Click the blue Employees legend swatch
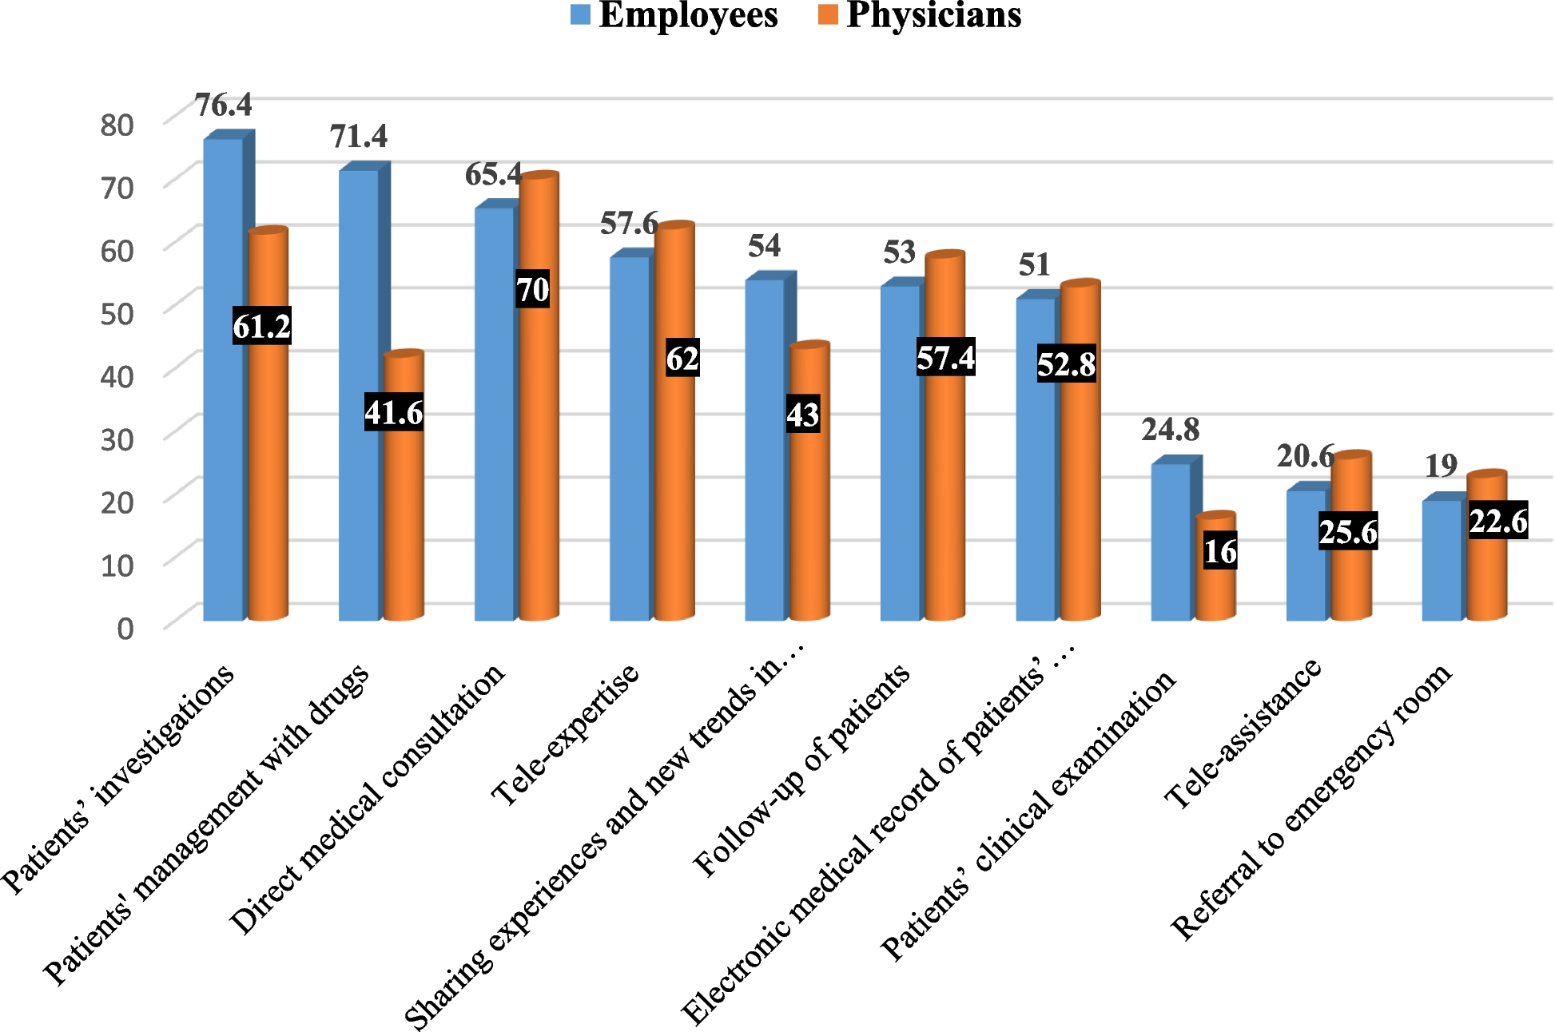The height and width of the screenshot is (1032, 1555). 580,15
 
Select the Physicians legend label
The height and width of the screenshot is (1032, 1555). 933,15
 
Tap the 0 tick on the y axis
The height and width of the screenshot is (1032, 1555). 125,629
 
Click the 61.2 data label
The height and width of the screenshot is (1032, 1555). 261,326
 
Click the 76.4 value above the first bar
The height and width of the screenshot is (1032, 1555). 223,105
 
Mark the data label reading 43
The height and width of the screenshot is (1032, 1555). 802,415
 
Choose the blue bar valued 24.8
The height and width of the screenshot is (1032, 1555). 1171,543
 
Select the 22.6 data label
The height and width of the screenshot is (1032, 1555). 1498,522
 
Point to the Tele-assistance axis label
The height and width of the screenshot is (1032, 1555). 1243,733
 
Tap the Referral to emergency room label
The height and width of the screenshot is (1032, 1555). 1310,802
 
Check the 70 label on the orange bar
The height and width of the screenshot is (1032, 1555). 532,289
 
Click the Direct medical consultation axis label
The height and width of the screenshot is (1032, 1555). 368,799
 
